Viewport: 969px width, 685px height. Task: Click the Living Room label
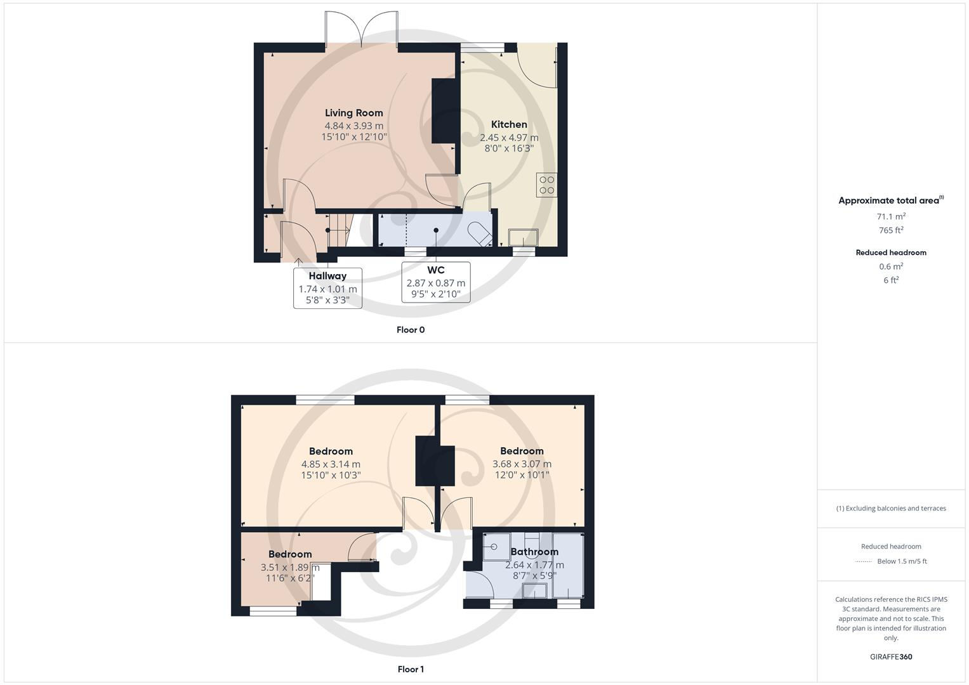click(354, 113)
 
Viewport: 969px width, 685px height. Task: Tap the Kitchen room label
click(509, 124)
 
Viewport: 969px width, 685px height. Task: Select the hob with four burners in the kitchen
click(546, 185)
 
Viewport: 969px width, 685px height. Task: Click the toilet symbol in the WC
click(480, 233)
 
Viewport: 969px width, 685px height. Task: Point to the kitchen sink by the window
click(524, 238)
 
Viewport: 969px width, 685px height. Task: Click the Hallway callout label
click(327, 276)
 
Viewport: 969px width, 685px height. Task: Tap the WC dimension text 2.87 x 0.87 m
click(436, 283)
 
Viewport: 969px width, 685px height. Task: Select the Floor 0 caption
click(411, 330)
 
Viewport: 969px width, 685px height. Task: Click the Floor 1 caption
click(411, 669)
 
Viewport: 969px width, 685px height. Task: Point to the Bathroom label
click(534, 552)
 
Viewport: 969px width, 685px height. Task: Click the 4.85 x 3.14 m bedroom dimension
click(331, 464)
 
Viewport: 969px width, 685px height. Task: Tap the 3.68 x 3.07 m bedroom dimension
click(522, 464)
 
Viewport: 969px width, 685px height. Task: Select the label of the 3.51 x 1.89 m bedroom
click(290, 554)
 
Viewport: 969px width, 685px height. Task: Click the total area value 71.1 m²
click(891, 216)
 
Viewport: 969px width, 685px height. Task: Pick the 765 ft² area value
click(891, 230)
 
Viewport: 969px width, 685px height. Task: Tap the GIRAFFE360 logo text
click(891, 657)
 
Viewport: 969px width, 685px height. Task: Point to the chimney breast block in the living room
click(445, 111)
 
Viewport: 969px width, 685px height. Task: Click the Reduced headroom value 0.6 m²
click(891, 266)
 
